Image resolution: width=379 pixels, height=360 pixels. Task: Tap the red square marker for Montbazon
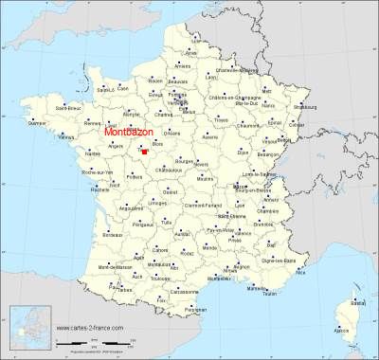click(144, 150)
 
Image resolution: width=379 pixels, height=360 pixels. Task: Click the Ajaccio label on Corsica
click(344, 330)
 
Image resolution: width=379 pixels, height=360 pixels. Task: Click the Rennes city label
click(91, 122)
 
